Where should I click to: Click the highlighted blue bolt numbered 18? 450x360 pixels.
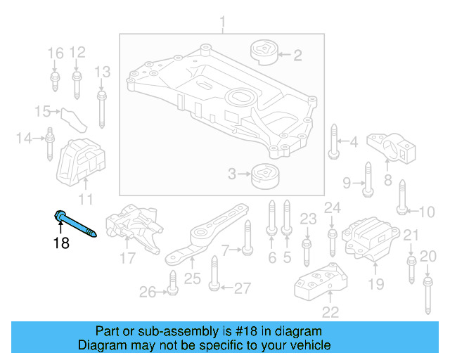coord(76,224)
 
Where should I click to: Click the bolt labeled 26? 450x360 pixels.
coord(171,281)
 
